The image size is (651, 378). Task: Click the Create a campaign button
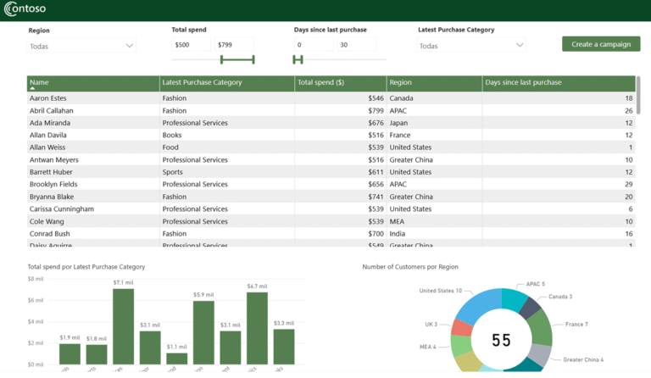600,44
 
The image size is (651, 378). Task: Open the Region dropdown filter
81,46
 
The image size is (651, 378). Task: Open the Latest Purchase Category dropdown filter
471,46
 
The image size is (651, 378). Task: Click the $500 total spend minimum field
191,44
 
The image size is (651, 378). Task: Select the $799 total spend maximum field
235,44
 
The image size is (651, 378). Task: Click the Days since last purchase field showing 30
356,44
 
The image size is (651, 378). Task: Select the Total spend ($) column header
320,82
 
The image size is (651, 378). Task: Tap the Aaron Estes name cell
47,98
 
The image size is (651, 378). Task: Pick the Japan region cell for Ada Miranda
398,123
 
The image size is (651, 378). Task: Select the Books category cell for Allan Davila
172,135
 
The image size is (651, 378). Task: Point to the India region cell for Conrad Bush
398,233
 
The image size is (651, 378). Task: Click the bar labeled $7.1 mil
123,326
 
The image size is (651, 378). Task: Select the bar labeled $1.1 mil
176,359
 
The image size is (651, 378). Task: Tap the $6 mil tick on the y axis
35,300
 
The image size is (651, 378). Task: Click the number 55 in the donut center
501,340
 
